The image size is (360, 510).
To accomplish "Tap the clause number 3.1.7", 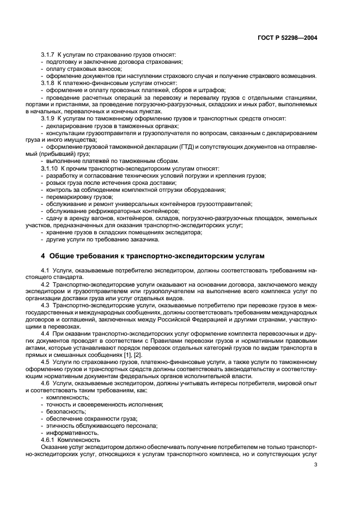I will [48, 56].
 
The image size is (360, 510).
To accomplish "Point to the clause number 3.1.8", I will [48, 83].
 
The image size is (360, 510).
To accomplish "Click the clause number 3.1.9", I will [48, 117].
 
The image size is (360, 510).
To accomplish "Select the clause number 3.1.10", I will [50, 169].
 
